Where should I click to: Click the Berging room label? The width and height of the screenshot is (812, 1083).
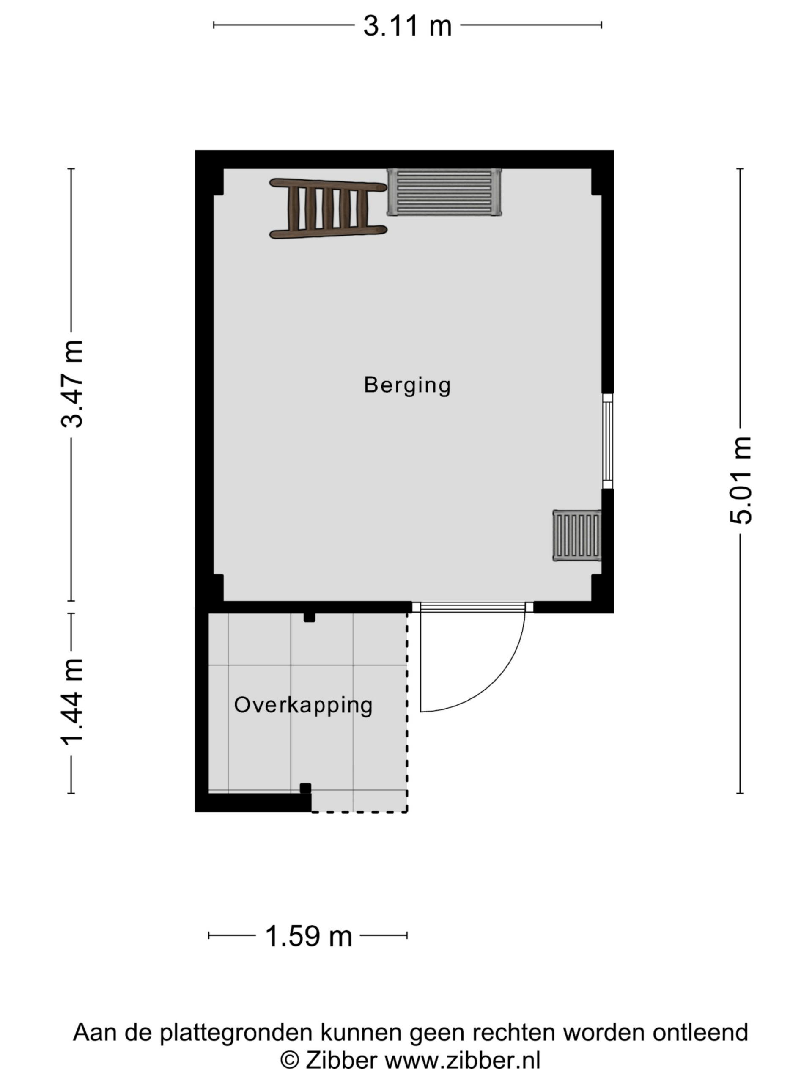407,385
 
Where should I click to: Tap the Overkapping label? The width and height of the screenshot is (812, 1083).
303,706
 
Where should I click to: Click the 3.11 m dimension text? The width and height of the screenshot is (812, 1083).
407,25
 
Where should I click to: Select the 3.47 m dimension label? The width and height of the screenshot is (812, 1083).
72,384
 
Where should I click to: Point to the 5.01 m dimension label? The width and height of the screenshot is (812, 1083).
740,480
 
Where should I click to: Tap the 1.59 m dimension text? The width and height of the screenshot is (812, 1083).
308,936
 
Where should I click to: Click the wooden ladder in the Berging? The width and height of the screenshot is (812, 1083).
328,209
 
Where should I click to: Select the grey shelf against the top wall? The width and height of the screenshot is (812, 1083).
444,192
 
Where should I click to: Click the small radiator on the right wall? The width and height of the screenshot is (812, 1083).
576,535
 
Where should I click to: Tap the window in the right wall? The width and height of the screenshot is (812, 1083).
607,441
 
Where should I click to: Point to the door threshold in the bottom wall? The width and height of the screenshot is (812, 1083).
472,607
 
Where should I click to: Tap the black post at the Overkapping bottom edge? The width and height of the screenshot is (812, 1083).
305,788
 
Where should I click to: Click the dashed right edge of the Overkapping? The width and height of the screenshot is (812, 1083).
407,710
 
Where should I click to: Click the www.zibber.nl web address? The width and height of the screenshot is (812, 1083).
462,1061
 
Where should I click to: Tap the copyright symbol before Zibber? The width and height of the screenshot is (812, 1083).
289,1061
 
